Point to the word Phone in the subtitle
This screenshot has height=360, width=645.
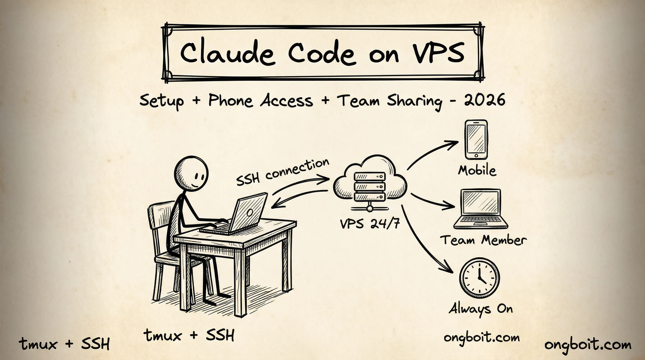pos(231,101)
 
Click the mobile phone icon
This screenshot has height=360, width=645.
pos(476,140)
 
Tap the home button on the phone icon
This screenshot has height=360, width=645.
pos(476,156)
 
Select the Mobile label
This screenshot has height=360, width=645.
pos(477,170)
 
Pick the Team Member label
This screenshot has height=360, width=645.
pos(483,240)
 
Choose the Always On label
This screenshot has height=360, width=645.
pos(481,309)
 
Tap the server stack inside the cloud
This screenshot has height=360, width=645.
pos(370,187)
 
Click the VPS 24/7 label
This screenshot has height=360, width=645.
pos(370,223)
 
